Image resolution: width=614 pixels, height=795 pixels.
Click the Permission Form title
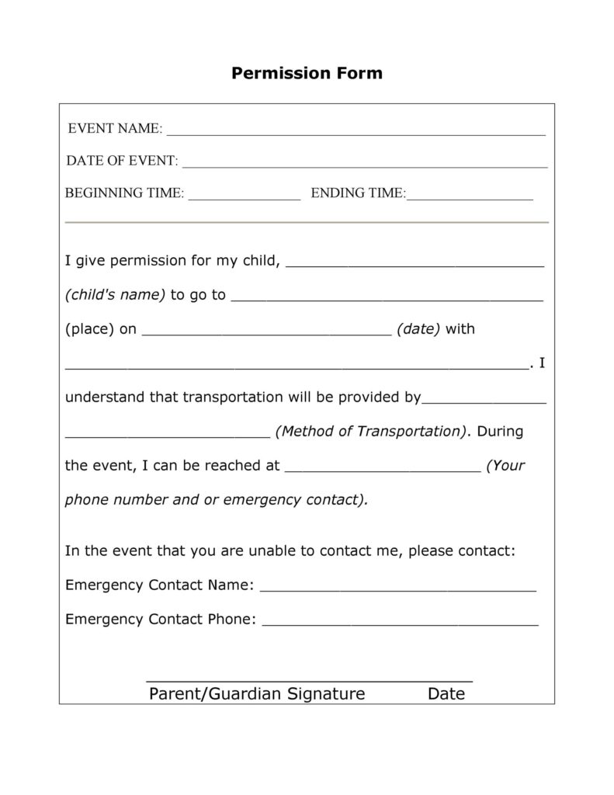[307, 74]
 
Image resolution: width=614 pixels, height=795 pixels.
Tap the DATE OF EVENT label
[122, 161]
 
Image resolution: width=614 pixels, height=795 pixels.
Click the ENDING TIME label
[358, 193]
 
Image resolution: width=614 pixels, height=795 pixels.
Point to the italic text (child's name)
[115, 295]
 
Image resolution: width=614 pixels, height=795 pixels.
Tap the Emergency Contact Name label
[159, 585]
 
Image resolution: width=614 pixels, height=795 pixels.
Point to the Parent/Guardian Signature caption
[256, 693]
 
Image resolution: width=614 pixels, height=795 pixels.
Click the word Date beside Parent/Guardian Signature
[446, 693]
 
